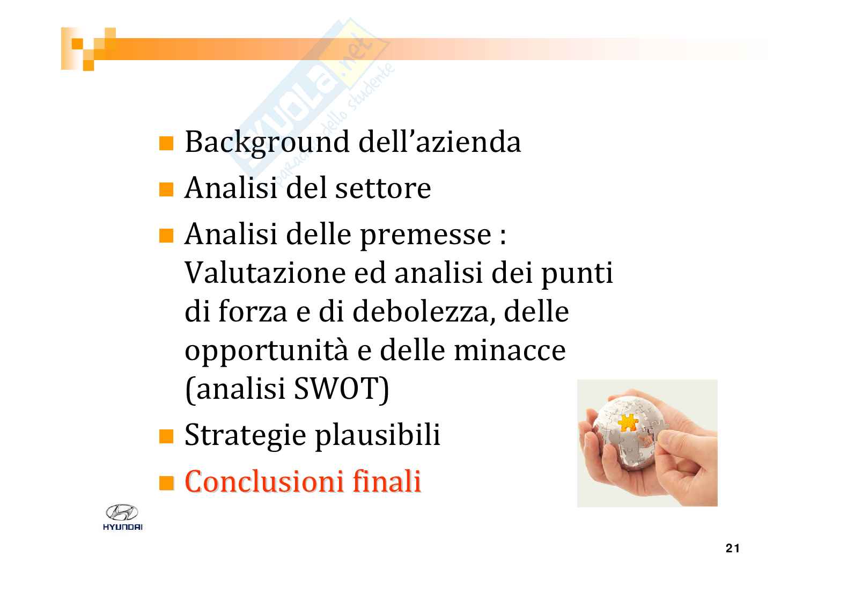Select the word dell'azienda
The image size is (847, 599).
[440, 142]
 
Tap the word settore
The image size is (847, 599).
[383, 188]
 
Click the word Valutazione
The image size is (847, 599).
[265, 272]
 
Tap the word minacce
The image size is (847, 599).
[510, 350]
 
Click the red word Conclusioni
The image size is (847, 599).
[264, 481]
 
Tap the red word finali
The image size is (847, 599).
[387, 481]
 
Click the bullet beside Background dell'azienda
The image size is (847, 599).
[166, 143]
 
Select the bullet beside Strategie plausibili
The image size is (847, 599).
[166, 436]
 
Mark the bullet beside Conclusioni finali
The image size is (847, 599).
[166, 483]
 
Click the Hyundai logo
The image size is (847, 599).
[122, 517]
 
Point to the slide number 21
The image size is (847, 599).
[732, 548]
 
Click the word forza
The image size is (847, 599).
[253, 312]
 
